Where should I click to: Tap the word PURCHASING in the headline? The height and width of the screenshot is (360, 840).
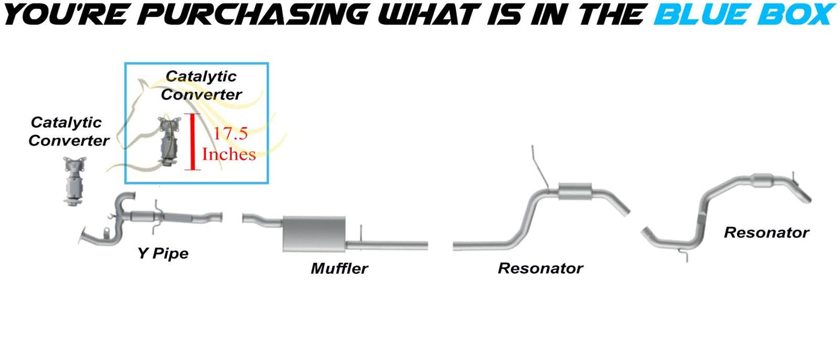252,15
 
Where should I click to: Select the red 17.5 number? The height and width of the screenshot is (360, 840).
231,134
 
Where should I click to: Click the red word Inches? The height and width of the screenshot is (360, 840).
229,154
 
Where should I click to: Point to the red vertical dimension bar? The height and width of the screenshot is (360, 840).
192,142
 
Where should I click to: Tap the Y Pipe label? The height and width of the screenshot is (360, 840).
163,254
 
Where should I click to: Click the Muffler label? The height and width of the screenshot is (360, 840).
339,269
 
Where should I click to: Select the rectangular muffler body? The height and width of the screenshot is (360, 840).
314,234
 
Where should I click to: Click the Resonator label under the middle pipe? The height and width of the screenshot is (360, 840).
541,269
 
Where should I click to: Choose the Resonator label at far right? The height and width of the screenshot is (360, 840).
767,233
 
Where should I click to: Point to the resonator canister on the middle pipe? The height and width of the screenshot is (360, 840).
575,192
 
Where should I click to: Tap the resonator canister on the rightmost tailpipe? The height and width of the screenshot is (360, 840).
763,181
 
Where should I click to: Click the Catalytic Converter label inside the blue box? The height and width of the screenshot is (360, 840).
201,85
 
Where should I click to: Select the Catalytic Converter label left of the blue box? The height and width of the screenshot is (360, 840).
69,131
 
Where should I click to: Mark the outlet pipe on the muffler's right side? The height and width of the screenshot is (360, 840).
387,245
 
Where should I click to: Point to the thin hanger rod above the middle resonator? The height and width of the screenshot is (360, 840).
539,167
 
